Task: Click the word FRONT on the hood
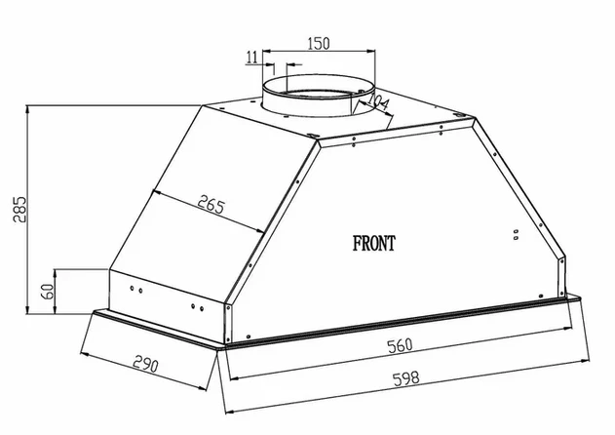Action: pyautogui.click(x=374, y=243)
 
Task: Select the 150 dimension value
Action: pyautogui.click(x=318, y=43)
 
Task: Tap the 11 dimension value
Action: pyautogui.click(x=251, y=58)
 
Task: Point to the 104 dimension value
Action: pyautogui.click(x=377, y=101)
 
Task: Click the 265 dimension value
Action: pyautogui.click(x=211, y=205)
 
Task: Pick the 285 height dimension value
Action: pyautogui.click(x=19, y=210)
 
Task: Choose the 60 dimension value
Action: pyautogui.click(x=49, y=292)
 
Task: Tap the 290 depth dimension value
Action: pyautogui.click(x=145, y=365)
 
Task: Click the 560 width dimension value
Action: pyautogui.click(x=400, y=345)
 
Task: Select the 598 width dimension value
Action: pyautogui.click(x=406, y=378)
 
